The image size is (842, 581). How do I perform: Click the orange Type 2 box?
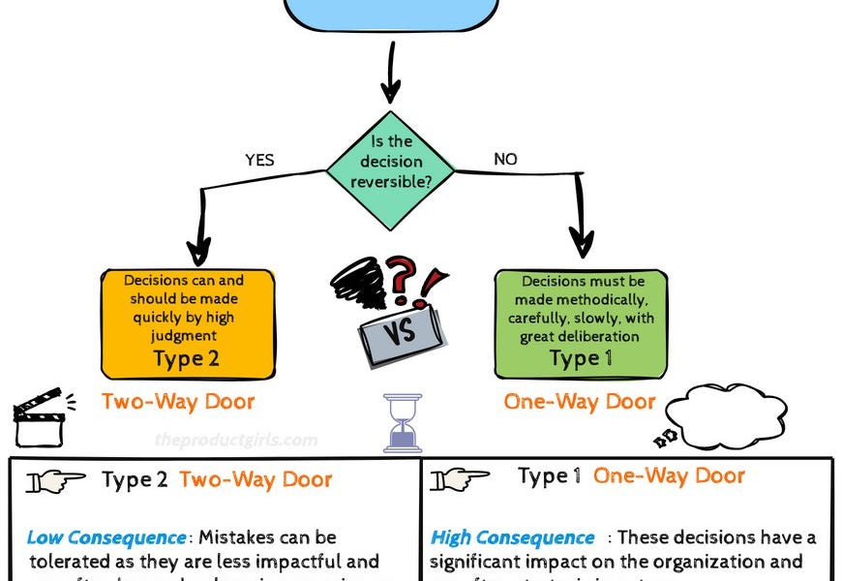187,323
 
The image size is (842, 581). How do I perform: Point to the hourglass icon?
403,423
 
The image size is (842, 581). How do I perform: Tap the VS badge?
401,333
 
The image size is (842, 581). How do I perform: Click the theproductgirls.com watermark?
235,440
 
